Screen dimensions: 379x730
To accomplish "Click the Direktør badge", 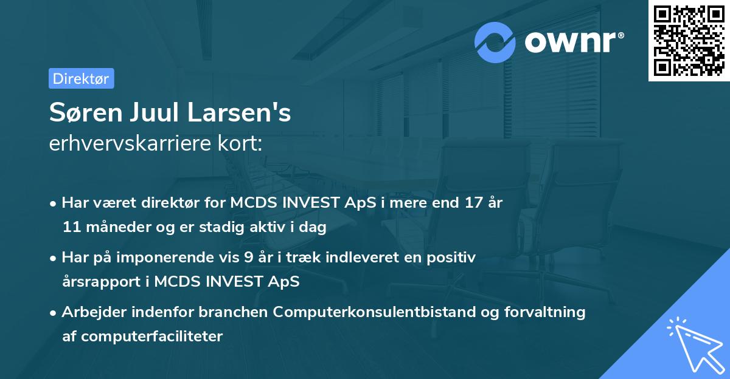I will (81, 78).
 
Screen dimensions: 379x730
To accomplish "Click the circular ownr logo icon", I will (495, 42).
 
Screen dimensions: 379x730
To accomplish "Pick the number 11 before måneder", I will (71, 227).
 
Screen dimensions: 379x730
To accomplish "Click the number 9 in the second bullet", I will (248, 257).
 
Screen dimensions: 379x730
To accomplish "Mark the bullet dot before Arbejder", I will (54, 312).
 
